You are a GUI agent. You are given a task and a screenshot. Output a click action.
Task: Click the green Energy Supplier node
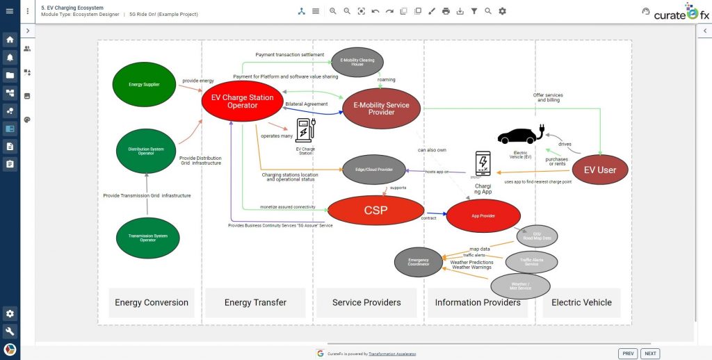coord(144,85)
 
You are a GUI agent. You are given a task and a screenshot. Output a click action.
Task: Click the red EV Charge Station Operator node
coord(242,101)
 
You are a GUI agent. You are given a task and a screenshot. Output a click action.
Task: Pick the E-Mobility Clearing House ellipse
coord(358,61)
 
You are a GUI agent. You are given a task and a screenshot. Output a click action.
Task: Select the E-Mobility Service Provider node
coord(381,108)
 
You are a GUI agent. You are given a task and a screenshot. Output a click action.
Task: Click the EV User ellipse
coord(599,170)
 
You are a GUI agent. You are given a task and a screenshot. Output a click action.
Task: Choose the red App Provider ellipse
coord(483,216)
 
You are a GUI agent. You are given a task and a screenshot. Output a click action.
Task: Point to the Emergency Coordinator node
coord(419,262)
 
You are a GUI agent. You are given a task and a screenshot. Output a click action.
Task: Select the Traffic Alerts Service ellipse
coord(531,262)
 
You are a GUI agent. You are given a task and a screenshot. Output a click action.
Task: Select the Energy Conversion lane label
coord(152,302)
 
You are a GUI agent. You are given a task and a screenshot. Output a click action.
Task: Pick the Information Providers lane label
coord(478,302)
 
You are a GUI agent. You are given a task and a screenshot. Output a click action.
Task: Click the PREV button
coord(628,353)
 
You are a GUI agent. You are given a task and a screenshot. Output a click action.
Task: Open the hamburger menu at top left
coord(9,11)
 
